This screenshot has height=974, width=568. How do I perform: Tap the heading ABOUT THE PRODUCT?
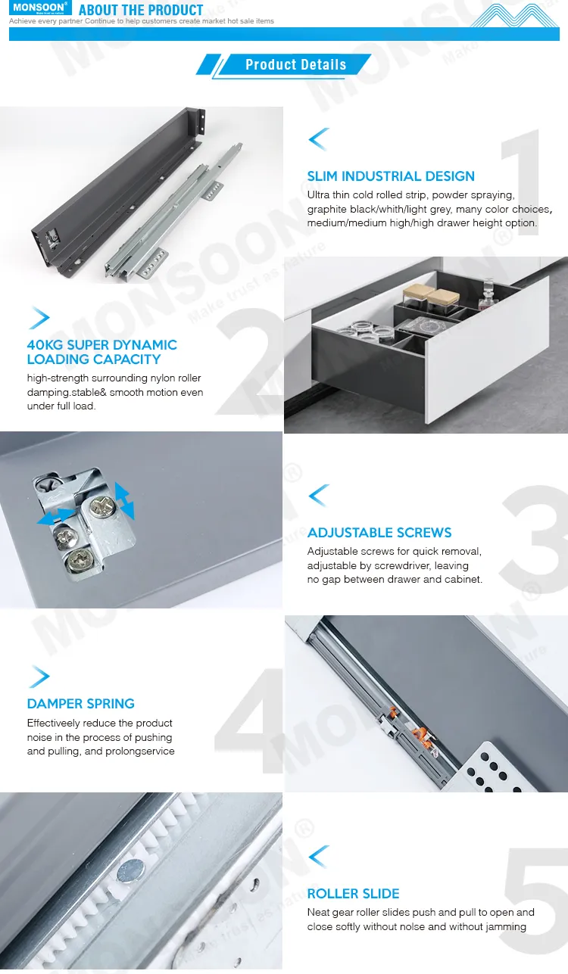tap(141, 10)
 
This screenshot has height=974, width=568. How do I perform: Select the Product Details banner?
tap(295, 65)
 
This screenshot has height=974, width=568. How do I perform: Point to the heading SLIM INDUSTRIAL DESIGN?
tap(391, 176)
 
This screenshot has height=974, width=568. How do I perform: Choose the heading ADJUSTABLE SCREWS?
tap(379, 533)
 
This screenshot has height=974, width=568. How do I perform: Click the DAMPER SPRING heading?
tap(80, 704)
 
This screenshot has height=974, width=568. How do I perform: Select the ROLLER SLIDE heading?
tap(353, 894)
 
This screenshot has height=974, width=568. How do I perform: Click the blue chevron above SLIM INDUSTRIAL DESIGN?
tap(318, 139)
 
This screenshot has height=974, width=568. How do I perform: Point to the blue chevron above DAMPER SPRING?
tap(39, 677)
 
